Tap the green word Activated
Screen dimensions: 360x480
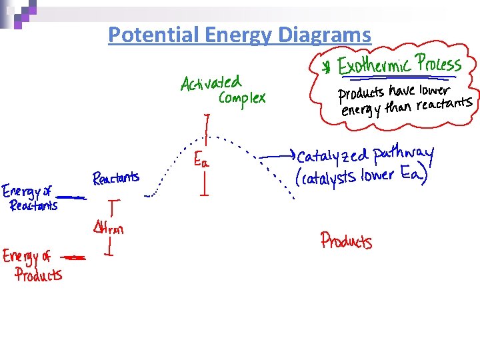210,83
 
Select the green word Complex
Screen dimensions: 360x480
241,99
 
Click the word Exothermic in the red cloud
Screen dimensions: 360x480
375,67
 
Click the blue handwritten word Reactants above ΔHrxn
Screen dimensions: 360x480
116,178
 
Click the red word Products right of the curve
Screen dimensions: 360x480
346,240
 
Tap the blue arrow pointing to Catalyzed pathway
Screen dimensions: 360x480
277,155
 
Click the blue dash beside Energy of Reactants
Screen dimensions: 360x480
71,197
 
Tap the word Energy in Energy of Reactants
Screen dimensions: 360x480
21,192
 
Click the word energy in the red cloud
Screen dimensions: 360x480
359,109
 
